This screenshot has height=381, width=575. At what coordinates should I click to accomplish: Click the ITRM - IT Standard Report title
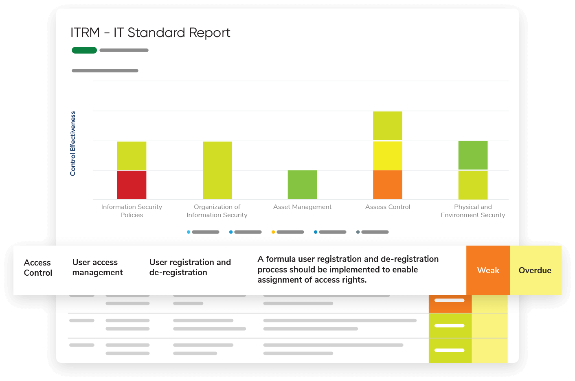point(150,33)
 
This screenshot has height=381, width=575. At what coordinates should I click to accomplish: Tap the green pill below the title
point(84,50)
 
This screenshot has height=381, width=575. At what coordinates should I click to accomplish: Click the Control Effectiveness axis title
point(73,144)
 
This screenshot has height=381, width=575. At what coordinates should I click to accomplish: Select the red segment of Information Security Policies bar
point(132,185)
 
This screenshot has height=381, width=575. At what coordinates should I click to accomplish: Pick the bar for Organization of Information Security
point(217,170)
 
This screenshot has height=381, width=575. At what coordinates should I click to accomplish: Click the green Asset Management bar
point(302,185)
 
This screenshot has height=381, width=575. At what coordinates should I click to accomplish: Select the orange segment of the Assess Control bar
point(388,185)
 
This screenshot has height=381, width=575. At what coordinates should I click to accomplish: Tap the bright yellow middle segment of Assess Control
point(388,156)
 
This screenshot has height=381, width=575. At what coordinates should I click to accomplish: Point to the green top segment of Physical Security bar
point(473,155)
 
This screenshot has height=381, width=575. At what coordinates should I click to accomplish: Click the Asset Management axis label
point(302,207)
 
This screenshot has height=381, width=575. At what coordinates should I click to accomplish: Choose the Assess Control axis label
point(388,207)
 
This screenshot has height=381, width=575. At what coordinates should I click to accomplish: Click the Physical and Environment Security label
point(473,211)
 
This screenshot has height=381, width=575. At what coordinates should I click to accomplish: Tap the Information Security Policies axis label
point(132,211)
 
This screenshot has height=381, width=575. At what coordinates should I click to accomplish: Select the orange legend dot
point(273,232)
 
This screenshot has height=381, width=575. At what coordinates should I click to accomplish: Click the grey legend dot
point(358,232)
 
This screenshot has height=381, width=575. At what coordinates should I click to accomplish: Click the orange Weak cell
point(488,270)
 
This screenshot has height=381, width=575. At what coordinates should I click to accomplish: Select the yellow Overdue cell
point(535,270)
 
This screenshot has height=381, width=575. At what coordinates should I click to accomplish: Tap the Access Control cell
point(38,268)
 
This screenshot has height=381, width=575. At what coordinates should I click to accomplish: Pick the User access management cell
point(97,268)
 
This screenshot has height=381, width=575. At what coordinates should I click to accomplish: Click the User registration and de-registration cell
point(190,268)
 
